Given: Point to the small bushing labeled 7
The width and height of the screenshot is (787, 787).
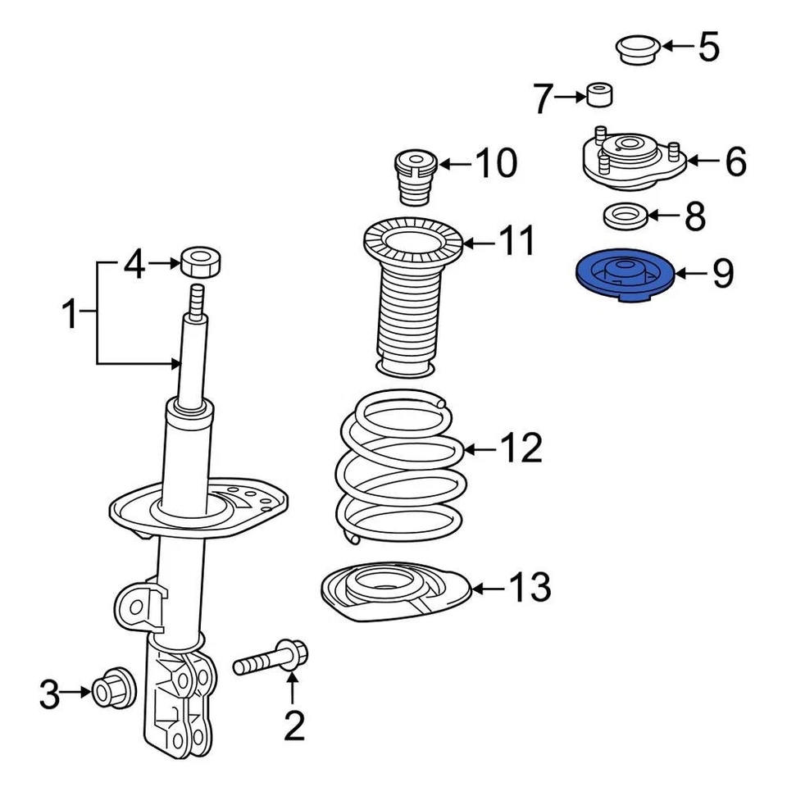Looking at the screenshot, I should point(600,96).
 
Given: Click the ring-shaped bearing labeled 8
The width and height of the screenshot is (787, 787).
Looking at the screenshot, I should point(626,217).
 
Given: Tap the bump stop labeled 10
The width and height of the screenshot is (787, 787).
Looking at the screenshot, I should point(415,176).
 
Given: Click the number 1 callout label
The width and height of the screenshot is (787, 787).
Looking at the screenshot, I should point(71,314).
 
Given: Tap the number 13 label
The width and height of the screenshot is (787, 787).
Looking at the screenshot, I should point(530,587).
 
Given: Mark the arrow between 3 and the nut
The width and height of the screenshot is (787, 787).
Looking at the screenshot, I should point(79,692).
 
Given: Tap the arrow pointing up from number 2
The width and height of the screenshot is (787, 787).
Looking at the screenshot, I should point(293,686).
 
